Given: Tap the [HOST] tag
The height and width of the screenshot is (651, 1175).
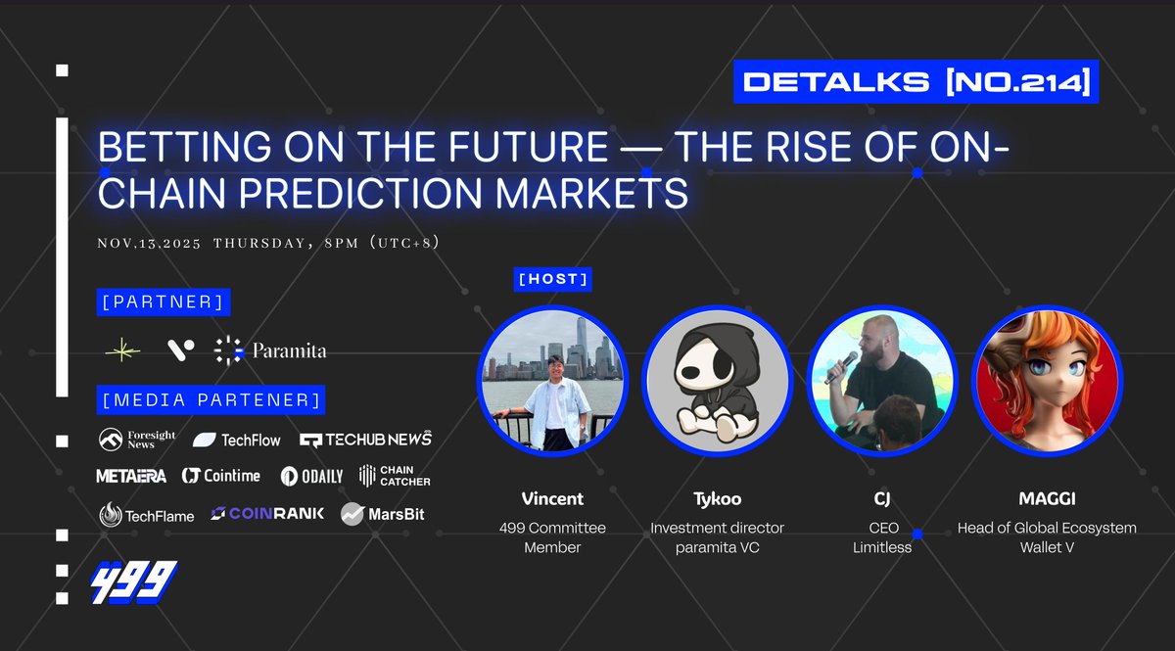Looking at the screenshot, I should (x=553, y=279).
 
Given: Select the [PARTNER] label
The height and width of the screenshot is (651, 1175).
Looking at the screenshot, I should (x=164, y=302).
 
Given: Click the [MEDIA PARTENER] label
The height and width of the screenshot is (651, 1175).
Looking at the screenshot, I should (x=211, y=399).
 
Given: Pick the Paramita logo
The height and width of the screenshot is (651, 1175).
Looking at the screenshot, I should (x=270, y=349).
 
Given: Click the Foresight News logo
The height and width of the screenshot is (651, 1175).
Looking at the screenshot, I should (x=137, y=440).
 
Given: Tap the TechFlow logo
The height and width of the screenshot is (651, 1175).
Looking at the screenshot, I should (x=237, y=441).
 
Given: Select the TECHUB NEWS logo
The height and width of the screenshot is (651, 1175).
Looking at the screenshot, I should (x=365, y=440).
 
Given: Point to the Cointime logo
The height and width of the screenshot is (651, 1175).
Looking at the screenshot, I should (x=221, y=476).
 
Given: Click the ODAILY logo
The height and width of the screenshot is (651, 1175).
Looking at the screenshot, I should (x=311, y=476).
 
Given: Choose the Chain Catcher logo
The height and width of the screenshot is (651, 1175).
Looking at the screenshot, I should (x=395, y=476).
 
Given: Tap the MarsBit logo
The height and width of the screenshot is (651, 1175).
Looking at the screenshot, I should (x=383, y=514).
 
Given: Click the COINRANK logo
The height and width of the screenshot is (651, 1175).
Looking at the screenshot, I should (x=267, y=514).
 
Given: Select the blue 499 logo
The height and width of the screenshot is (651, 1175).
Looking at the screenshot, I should (x=134, y=582).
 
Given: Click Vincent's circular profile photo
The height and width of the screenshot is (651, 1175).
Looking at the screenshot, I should (x=551, y=381).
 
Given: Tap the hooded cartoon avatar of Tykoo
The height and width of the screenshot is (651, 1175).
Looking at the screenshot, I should (x=716, y=381).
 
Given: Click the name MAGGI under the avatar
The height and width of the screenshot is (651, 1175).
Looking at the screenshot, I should (x=1046, y=499).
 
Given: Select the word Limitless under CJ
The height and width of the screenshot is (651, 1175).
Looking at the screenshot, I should (x=881, y=547).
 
